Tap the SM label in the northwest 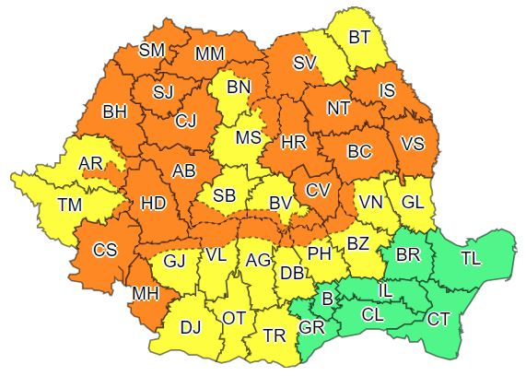[152, 51]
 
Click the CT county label [438, 319]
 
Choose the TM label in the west [69, 204]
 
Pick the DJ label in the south [191, 325]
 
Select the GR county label [312, 327]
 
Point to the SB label [225, 196]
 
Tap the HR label [293, 143]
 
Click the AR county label [92, 164]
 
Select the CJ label [186, 119]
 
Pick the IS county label [386, 90]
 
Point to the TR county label [274, 336]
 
